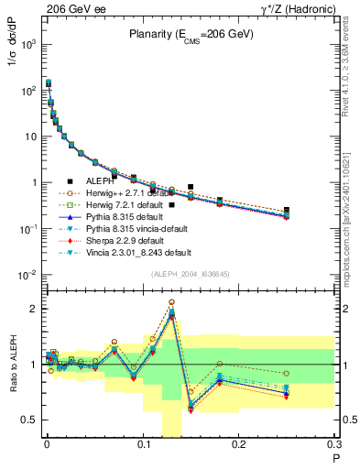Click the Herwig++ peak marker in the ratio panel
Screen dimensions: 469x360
click(x=171, y=301)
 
